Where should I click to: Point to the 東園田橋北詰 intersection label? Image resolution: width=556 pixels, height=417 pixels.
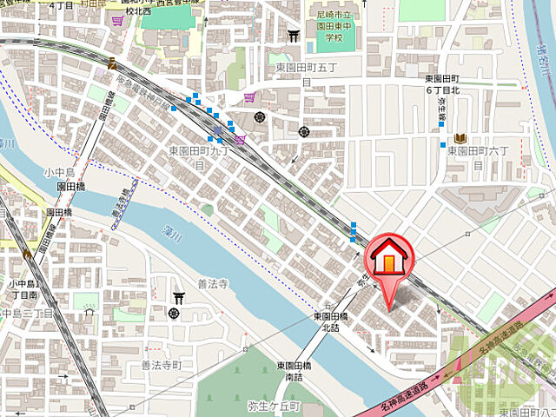pos(331,322)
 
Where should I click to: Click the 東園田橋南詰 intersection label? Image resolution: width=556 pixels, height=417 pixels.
pos(295,371)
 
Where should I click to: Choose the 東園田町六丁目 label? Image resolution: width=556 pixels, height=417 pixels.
pos(481,156)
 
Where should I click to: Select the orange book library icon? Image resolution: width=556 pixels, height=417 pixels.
pos(459,138)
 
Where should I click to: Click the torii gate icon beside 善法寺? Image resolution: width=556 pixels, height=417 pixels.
pos(178,295)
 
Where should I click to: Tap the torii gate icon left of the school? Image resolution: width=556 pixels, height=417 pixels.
pos(294,37)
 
